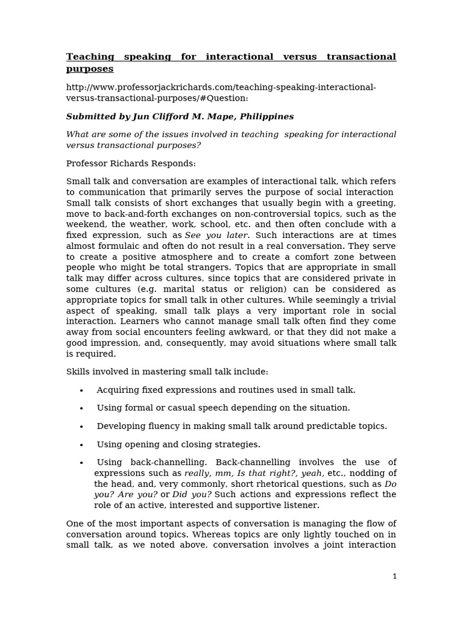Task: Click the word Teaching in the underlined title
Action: pos(90,57)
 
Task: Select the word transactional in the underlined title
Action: pos(361,57)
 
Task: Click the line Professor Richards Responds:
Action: pos(131,163)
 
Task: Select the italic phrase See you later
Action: pos(216,235)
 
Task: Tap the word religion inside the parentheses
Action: pos(275,289)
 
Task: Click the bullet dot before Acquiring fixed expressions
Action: pos(81,390)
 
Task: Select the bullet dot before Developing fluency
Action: pos(81,427)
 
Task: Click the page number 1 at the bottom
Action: pos(394,576)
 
